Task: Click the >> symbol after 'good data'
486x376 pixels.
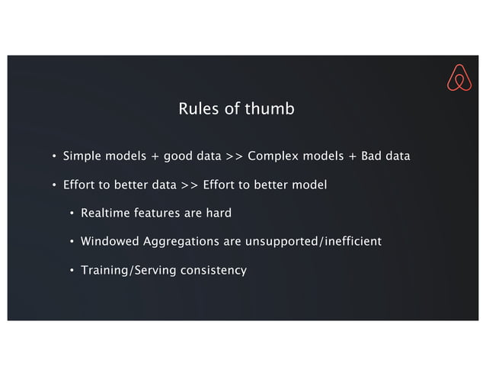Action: pyautogui.click(x=234, y=157)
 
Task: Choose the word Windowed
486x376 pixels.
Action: pyautogui.click(x=109, y=242)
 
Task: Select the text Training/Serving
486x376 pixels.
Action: pyautogui.click(x=126, y=270)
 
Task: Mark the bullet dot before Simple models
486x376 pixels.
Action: pyautogui.click(x=54, y=158)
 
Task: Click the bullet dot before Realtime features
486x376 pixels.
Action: pyautogui.click(x=72, y=214)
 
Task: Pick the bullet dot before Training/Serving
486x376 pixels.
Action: pyautogui.click(x=72, y=271)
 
